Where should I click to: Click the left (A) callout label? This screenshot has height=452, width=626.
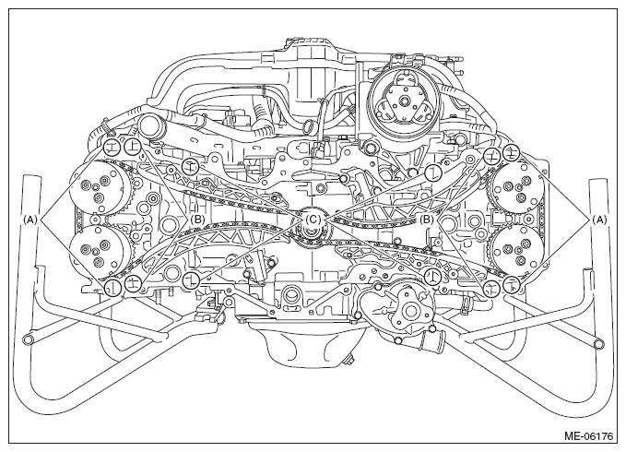pos(30,220)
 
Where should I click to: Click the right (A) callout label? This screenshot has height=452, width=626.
pos(600,220)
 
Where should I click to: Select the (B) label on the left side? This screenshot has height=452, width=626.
pos(196,220)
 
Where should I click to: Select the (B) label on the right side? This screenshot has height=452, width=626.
pos(428,220)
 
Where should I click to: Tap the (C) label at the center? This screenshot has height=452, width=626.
pos(313,220)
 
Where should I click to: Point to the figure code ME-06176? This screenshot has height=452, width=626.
pos(588,435)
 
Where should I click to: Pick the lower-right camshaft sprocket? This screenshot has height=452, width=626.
pos(516,251)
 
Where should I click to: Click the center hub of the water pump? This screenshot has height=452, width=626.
pos(409,310)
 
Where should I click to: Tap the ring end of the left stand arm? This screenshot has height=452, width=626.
pos(29,339)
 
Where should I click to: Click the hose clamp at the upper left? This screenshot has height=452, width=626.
pos(107,128)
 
